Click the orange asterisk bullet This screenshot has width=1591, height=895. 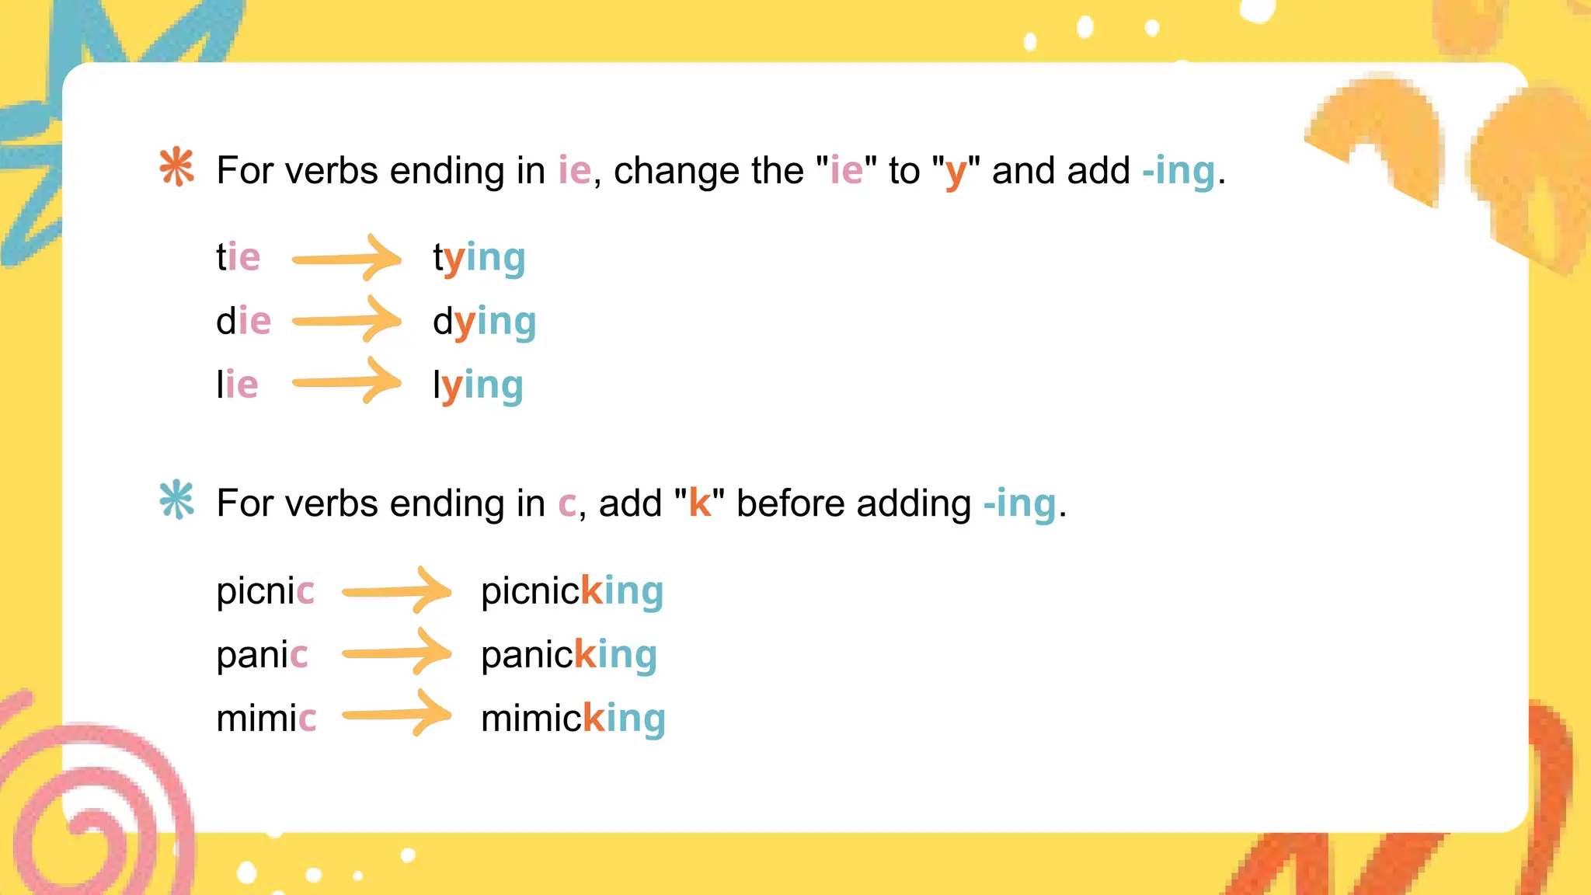[176, 167]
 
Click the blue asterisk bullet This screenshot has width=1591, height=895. [176, 500]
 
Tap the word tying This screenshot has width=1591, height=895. [479, 259]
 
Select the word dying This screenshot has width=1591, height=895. [484, 322]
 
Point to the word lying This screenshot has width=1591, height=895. [478, 386]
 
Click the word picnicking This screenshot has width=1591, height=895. [572, 592]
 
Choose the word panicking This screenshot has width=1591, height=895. [569, 656]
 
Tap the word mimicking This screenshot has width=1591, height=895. [573, 719]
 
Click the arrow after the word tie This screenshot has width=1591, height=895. [346, 258]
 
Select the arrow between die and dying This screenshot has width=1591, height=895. [346, 319]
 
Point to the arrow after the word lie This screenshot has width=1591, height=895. [346, 381]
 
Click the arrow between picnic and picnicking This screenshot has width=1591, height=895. [396, 590]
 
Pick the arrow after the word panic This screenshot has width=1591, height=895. [396, 652]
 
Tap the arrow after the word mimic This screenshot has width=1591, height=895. [396, 713]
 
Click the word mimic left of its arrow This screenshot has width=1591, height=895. [266, 719]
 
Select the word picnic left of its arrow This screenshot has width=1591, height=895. [265, 592]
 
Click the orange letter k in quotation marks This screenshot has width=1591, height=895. [699, 503]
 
